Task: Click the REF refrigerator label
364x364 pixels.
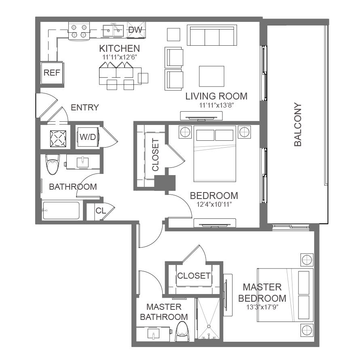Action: pos(52,73)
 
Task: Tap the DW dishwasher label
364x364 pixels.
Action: pos(135,30)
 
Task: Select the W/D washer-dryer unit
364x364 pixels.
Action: pos(88,137)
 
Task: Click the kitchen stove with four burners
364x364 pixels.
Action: pos(79,31)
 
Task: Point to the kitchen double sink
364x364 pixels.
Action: pos(113,31)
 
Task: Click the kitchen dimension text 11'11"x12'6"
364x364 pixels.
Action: pos(120,57)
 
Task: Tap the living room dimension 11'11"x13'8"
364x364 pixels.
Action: pos(216,105)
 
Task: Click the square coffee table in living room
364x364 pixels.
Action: pos(212,76)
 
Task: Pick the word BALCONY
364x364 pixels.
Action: pos(298,125)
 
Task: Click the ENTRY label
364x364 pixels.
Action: pos(85,108)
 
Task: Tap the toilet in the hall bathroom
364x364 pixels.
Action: pos(53,164)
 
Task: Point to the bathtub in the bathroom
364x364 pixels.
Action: pos(61,211)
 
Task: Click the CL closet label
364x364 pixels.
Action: pos(101,211)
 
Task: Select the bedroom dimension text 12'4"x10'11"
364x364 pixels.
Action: pos(214,205)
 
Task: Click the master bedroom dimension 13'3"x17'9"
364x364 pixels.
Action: pos(262,307)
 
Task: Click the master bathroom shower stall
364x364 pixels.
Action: pos(208,319)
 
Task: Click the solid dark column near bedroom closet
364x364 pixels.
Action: pos(165,183)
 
